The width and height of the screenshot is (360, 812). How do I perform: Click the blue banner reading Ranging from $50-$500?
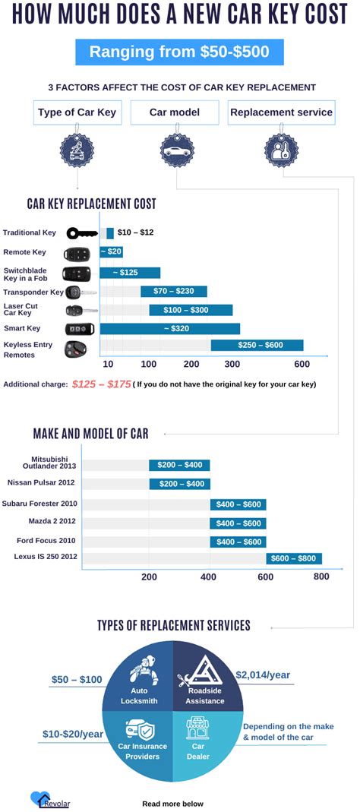pos(179,52)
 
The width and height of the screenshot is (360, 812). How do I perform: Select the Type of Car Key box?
pos(77,112)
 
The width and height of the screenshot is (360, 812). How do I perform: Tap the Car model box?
pos(175,112)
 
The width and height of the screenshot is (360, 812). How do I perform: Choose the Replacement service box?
pos(281,112)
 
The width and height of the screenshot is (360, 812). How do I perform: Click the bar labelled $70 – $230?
pos(174,291)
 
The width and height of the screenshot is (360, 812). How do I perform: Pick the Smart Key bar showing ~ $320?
pos(170,328)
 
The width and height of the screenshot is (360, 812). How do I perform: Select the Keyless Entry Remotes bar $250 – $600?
pos(257,346)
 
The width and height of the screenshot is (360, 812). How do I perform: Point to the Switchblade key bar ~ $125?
pos(130,273)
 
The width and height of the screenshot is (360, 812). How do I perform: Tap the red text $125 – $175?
pos(101,384)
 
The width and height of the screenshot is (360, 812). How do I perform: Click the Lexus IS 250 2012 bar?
pos(293,558)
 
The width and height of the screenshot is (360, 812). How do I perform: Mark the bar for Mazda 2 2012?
pos(238,523)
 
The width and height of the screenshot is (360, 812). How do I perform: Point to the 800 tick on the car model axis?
pos(321,577)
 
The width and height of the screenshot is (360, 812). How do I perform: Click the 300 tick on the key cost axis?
pos(232,364)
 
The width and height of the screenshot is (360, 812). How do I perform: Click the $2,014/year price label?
pos(263,675)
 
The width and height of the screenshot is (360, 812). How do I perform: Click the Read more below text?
pos(172,803)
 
